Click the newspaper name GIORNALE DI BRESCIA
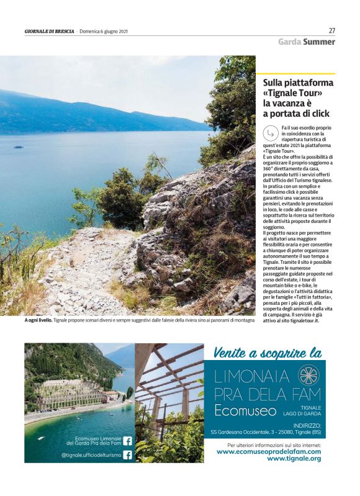coord(50,32)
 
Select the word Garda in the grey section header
coord(290,42)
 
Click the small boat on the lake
coord(19,147)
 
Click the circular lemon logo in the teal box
coord(308,375)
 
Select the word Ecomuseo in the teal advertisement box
coord(241,410)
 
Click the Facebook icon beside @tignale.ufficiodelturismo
coord(127,454)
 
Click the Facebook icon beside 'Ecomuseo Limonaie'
coord(127,441)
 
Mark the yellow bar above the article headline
coord(295,74)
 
